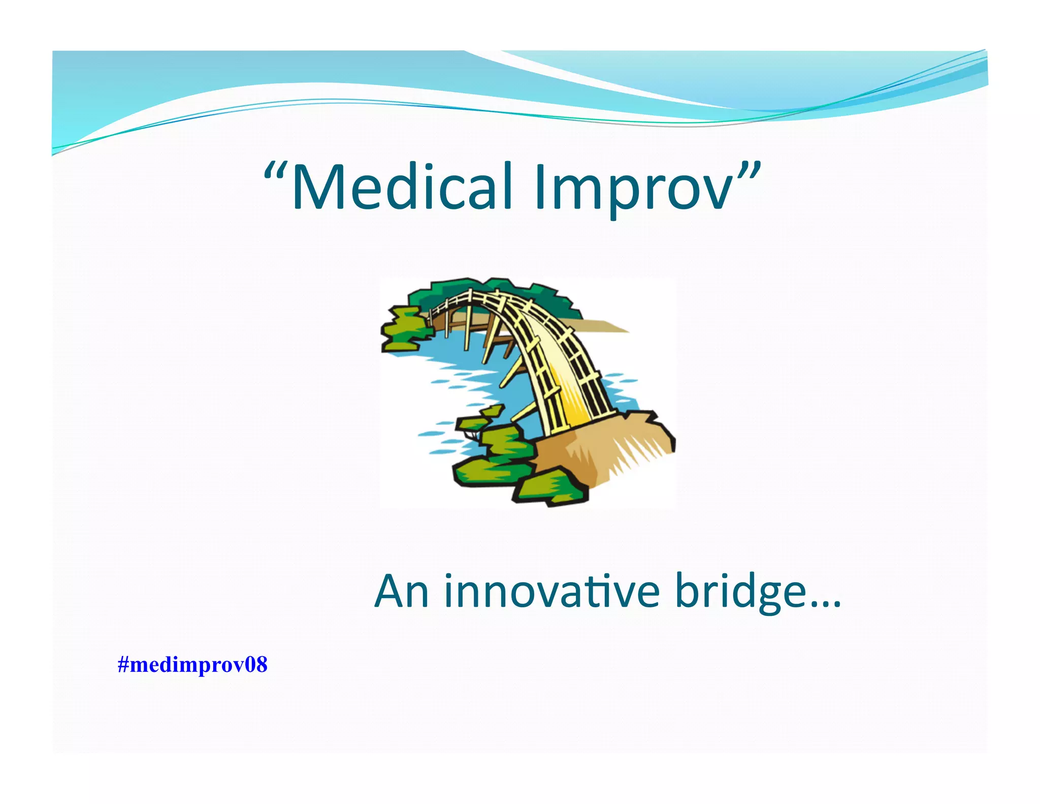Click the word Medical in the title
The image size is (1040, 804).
click(x=401, y=187)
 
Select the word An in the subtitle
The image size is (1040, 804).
click(x=401, y=592)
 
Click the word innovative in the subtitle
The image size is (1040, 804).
click(x=551, y=592)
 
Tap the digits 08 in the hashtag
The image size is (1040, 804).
click(x=256, y=665)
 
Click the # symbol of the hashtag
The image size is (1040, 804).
click(x=123, y=665)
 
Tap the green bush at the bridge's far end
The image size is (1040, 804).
click(x=404, y=328)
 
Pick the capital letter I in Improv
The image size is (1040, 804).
click(x=540, y=187)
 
